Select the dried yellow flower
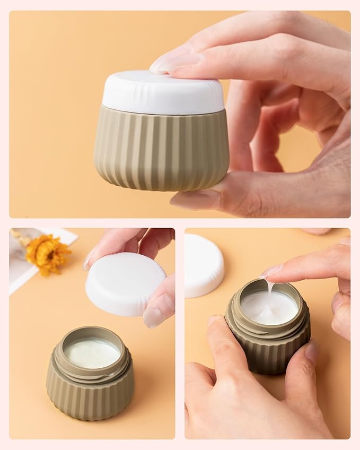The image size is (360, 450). [48, 253]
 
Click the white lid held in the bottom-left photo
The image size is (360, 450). [125, 283]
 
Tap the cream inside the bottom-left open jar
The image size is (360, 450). [92, 353]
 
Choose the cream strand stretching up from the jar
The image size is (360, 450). [270, 289]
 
